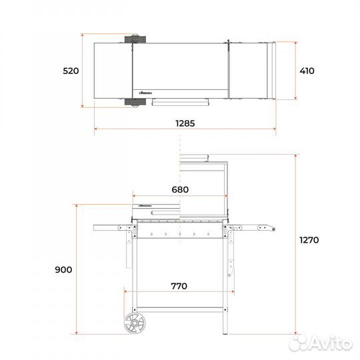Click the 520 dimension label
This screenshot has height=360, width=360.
pyautogui.click(x=71, y=71)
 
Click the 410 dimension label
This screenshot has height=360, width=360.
pyautogui.click(x=307, y=71)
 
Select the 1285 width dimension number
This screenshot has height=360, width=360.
pyautogui.click(x=185, y=123)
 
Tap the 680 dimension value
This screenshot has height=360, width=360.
pyautogui.click(x=180, y=189)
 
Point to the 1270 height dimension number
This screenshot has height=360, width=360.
pyautogui.click(x=309, y=240)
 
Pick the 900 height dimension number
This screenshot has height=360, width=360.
pyautogui.click(x=63, y=270)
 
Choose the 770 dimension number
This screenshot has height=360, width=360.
pyautogui.click(x=179, y=286)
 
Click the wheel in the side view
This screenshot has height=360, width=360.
pyautogui.click(x=135, y=323)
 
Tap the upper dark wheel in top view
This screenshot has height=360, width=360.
pyautogui.click(x=135, y=39)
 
